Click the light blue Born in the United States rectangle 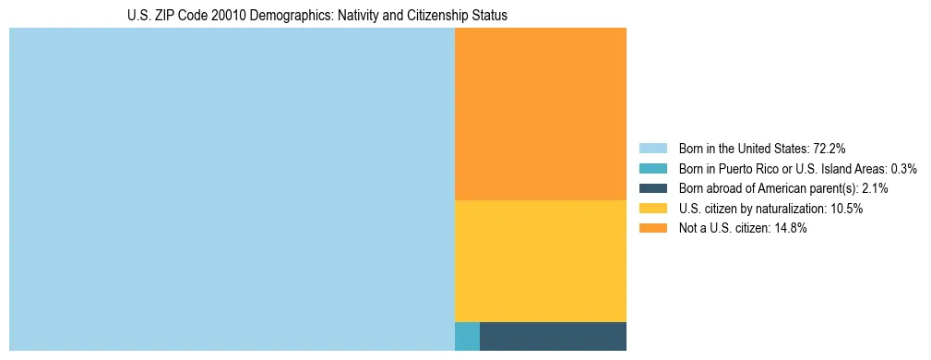(x=232, y=189)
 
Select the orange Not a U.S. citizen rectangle (x=541, y=114)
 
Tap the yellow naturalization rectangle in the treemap (x=541, y=261)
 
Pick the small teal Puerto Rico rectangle (x=467, y=336)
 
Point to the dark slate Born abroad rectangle (x=553, y=336)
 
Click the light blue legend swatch (x=652, y=149)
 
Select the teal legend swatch (x=652, y=169)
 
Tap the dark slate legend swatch (x=652, y=188)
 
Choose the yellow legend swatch (x=652, y=209)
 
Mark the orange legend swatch (x=652, y=228)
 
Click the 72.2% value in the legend (x=830, y=149)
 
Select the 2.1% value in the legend (x=876, y=188)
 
